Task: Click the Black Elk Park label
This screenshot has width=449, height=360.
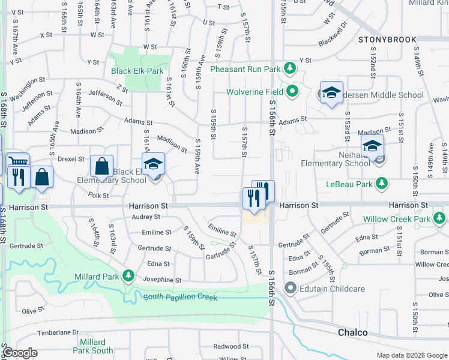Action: (x=137, y=71)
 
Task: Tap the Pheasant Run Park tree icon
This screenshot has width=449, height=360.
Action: (x=289, y=68)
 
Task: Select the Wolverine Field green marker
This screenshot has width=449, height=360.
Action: (x=292, y=92)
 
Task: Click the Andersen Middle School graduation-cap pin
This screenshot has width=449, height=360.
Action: (x=331, y=93)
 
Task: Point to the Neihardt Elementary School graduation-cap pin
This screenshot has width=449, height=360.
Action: (x=372, y=146)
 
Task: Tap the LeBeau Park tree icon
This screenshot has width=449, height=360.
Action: (x=380, y=183)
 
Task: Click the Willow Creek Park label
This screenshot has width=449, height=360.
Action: (x=396, y=220)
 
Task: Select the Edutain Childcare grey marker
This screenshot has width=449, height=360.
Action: (x=291, y=289)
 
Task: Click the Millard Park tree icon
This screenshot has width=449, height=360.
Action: (x=128, y=276)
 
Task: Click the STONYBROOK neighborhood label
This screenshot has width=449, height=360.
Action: (x=387, y=40)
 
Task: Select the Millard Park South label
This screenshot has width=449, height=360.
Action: (x=93, y=346)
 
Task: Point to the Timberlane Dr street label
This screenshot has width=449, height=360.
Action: (x=58, y=332)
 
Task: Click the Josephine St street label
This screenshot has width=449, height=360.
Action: (x=162, y=280)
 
